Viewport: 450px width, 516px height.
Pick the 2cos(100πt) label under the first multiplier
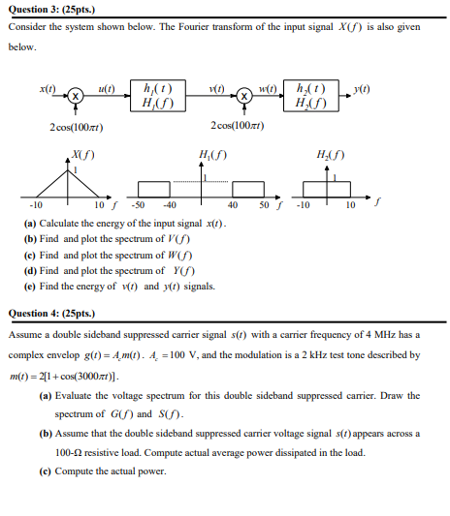tap(77, 127)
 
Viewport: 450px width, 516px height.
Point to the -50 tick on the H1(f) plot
tap(138, 206)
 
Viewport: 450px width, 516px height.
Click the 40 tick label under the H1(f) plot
tap(233, 206)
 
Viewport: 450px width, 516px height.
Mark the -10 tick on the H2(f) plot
tap(302, 206)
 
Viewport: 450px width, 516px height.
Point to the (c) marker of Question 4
tap(45, 471)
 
